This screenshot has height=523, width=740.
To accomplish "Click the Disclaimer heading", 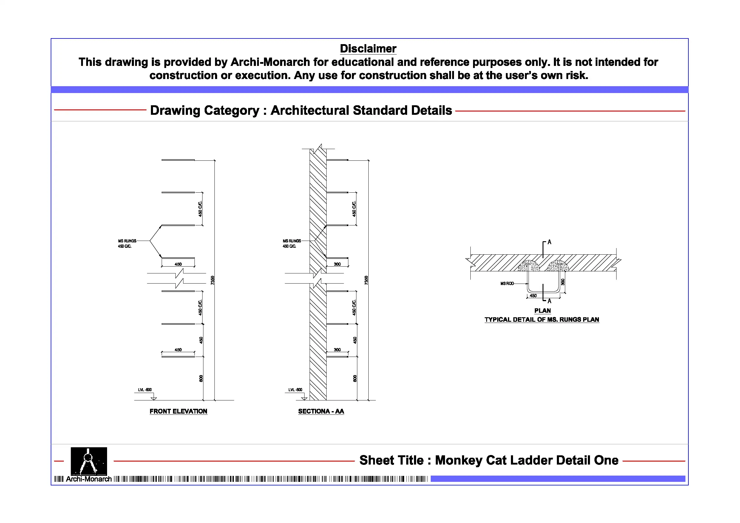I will (368, 49).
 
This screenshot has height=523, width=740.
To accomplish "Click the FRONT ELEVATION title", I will (178, 411).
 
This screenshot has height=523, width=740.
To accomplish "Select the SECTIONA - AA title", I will (321, 411).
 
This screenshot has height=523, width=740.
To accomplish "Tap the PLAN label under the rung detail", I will (543, 311).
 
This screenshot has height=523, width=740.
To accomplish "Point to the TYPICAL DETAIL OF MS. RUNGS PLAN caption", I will (542, 320).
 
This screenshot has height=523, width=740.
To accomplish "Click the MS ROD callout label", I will (507, 284).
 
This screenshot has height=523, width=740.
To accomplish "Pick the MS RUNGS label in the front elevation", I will (127, 241).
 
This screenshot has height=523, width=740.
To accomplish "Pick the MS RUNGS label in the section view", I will (292, 241).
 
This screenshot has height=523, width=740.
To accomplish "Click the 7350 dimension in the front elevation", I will (212, 280).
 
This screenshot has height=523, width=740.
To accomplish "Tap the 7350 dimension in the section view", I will (366, 280).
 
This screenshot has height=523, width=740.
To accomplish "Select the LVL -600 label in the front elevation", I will (145, 390).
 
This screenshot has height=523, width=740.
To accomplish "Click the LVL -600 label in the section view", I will (295, 390).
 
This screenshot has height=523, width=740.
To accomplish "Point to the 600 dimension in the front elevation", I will (201, 378).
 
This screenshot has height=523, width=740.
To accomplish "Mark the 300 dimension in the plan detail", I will (563, 282).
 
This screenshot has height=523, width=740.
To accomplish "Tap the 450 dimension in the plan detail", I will (533, 296).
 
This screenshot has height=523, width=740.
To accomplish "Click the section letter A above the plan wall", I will (549, 242).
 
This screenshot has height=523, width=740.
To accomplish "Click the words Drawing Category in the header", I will (205, 111).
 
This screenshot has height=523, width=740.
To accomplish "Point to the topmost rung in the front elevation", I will (178, 160).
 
